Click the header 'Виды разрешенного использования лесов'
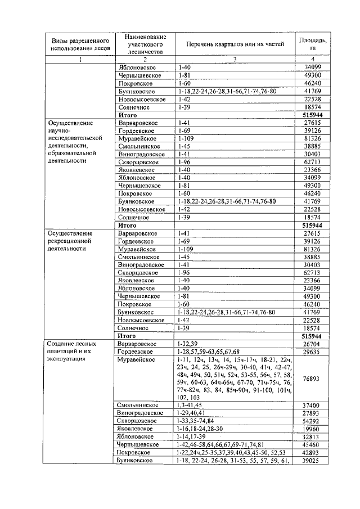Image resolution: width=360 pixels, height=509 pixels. [79, 44]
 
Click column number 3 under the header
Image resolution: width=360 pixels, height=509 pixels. [235, 59]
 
